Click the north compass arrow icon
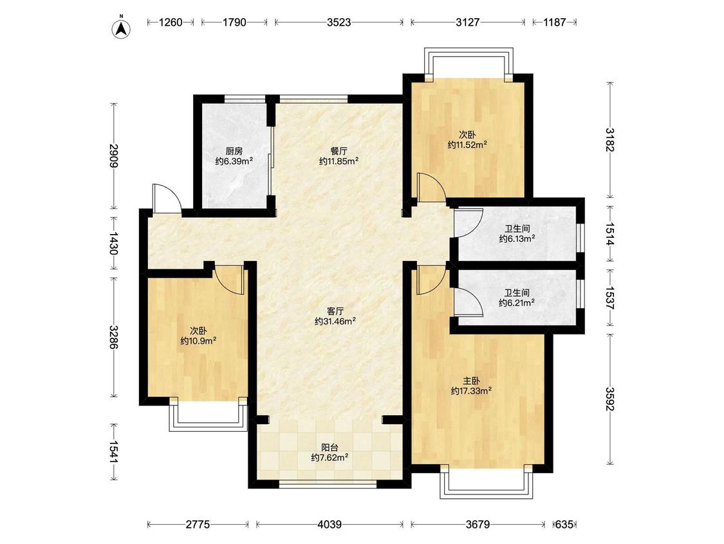click(x=122, y=28)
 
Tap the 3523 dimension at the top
click(x=339, y=22)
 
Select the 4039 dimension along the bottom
click(x=330, y=525)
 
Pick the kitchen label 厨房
click(x=234, y=151)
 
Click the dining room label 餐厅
click(x=339, y=151)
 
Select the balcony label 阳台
click(x=330, y=447)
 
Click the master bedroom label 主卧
click(x=471, y=381)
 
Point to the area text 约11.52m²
click(x=467, y=145)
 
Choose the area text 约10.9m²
click(x=199, y=341)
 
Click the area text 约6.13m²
click(x=517, y=238)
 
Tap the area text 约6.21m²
click(x=517, y=302)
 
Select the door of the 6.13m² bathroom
click(x=469, y=223)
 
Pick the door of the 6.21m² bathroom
click(x=469, y=302)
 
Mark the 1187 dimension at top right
click(x=554, y=22)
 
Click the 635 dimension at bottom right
click(x=564, y=525)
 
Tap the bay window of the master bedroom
click(x=487, y=483)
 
